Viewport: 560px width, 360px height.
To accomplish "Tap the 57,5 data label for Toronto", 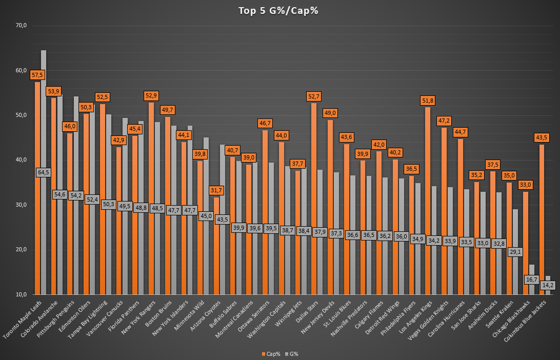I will pyautogui.click(x=37, y=75).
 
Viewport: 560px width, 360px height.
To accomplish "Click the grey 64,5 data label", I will pyautogui.click(x=44, y=172).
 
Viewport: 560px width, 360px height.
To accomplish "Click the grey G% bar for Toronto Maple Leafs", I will pyautogui.click(x=44, y=231).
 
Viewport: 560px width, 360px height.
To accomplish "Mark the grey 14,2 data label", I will pyautogui.click(x=548, y=285).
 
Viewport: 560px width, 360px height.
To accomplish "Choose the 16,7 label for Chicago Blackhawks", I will pyautogui.click(x=531, y=279).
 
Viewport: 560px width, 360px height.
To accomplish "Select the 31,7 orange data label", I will pyautogui.click(x=216, y=191).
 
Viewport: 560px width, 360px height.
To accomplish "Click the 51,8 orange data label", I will pyautogui.click(x=427, y=101).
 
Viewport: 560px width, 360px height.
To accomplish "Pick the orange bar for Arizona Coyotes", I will pyautogui.click(x=216, y=246).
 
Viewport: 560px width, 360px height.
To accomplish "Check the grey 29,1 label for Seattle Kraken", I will pyautogui.click(x=515, y=252).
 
